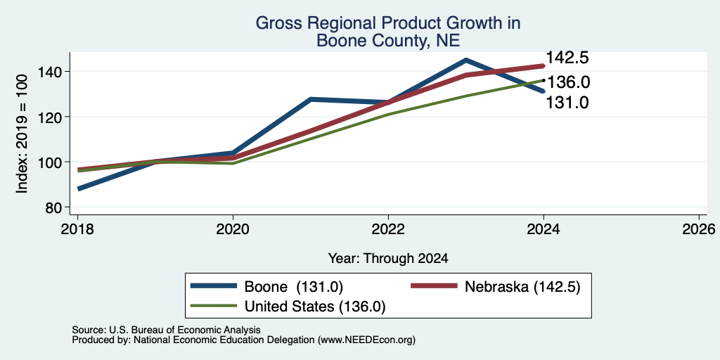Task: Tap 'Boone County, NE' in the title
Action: pos(388,41)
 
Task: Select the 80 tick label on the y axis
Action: pos(54,207)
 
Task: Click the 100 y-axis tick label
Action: pos(50,162)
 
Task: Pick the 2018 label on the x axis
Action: pos(78,229)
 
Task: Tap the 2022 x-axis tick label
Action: pos(388,229)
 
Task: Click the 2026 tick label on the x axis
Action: pos(699,229)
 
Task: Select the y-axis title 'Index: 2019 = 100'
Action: pos(22,134)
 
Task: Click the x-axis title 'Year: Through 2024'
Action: pos(388,259)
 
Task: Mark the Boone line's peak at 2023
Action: pos(466,60)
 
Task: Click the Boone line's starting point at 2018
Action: pos(79,188)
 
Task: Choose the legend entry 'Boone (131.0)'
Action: pos(266,287)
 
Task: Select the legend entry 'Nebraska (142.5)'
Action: pos(496,287)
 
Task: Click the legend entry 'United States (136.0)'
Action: pos(288,307)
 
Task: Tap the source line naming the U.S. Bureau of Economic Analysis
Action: pos(166,330)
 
